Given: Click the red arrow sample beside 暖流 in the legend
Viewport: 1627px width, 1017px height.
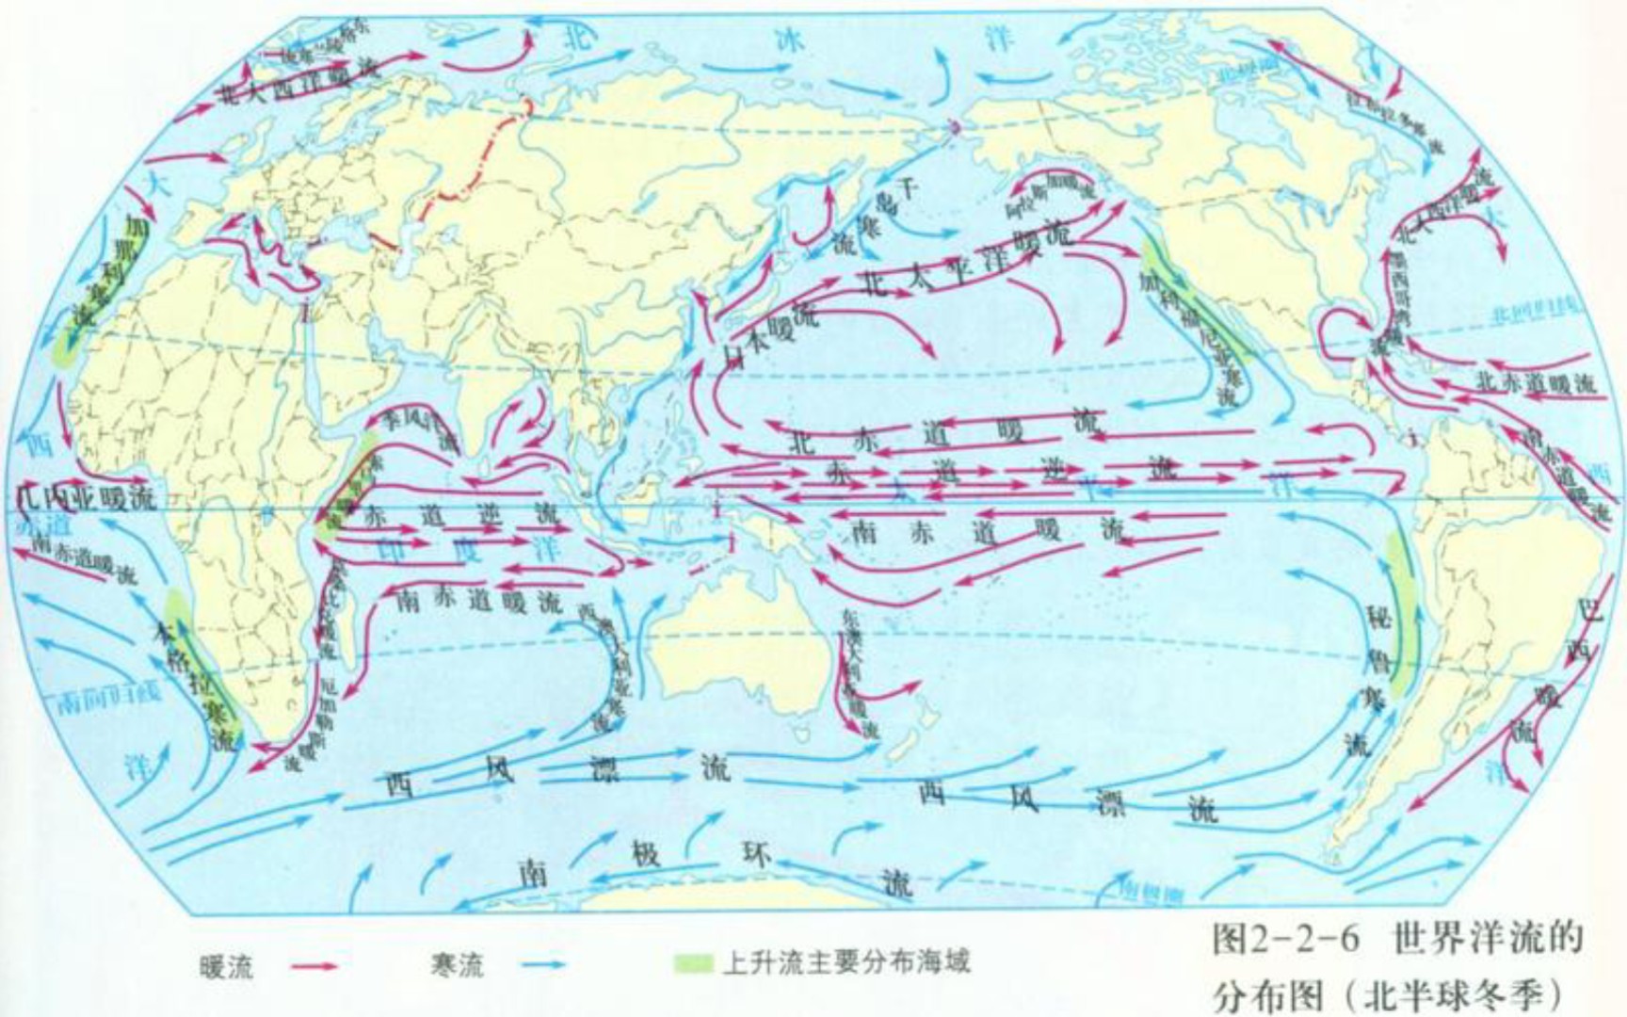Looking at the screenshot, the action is pyautogui.click(x=313, y=965).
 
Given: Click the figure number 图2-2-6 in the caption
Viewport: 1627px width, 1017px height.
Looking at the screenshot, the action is pyautogui.click(x=1286, y=939).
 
